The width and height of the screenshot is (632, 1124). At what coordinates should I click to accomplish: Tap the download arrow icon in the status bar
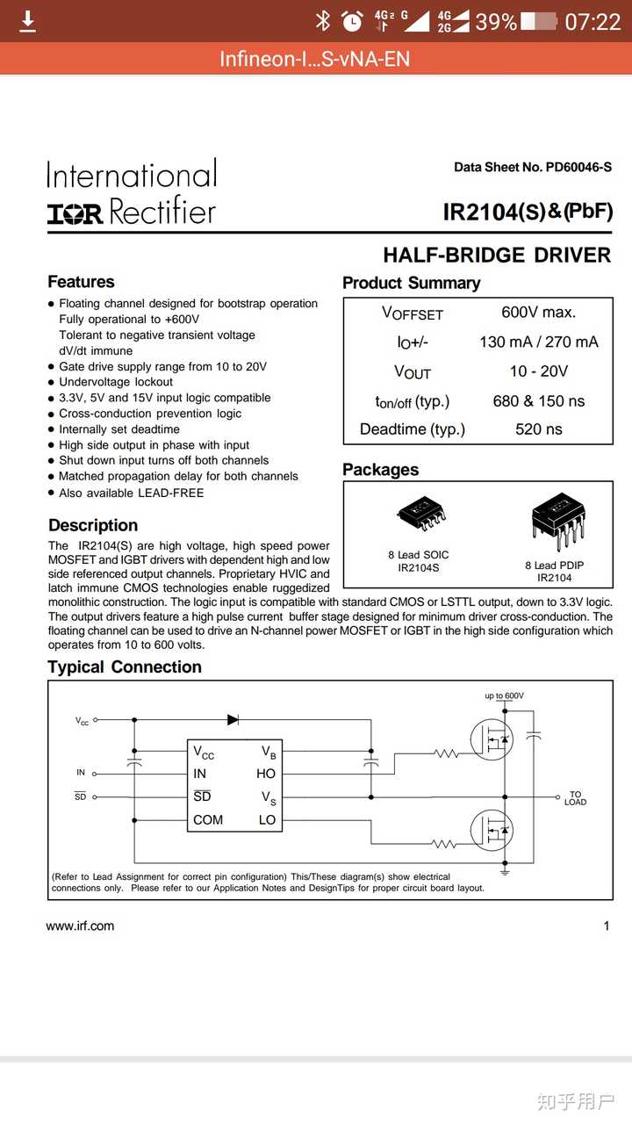click(x=28, y=21)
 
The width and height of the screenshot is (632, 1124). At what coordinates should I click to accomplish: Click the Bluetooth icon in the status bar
click(x=322, y=21)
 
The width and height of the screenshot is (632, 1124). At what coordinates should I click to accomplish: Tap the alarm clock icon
click(x=352, y=21)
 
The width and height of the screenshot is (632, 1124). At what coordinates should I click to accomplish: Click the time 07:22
click(x=592, y=21)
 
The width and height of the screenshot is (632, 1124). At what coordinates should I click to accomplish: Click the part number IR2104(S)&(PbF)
click(x=527, y=212)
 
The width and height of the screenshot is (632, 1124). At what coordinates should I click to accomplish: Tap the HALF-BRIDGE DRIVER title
click(x=497, y=256)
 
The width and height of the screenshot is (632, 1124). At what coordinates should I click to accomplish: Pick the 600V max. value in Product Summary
click(x=538, y=312)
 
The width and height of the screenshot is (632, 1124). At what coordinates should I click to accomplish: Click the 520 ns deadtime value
click(x=538, y=429)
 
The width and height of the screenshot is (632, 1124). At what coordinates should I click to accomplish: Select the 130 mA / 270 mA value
click(x=538, y=342)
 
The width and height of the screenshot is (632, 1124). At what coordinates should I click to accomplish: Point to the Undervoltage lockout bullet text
click(x=116, y=382)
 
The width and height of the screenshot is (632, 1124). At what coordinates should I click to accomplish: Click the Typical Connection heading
click(x=125, y=666)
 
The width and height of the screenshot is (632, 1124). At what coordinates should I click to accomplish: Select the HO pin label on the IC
click(x=266, y=774)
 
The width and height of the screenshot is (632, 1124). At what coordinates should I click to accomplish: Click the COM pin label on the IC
click(x=208, y=820)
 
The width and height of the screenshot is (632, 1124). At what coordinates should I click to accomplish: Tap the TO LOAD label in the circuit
click(x=575, y=798)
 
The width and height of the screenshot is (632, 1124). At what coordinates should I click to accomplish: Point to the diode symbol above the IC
click(x=233, y=719)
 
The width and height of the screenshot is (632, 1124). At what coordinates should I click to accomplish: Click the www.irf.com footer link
click(x=80, y=926)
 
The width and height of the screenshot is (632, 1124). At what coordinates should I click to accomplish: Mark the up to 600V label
click(x=504, y=695)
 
